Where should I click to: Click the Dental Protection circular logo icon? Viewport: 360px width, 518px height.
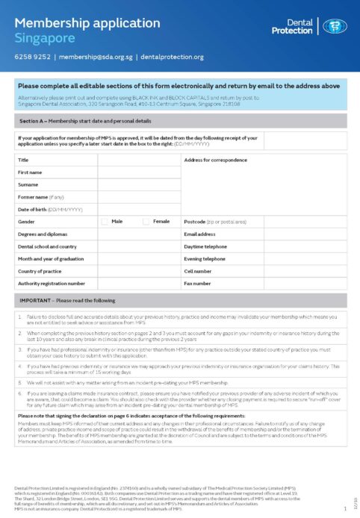pyautogui.click(x=334, y=26)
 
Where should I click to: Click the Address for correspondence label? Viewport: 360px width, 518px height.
pyautogui.click(x=215, y=160)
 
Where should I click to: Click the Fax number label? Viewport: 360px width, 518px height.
pyautogui.click(x=198, y=283)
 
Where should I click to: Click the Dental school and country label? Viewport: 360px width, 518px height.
pyautogui.click(x=47, y=246)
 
